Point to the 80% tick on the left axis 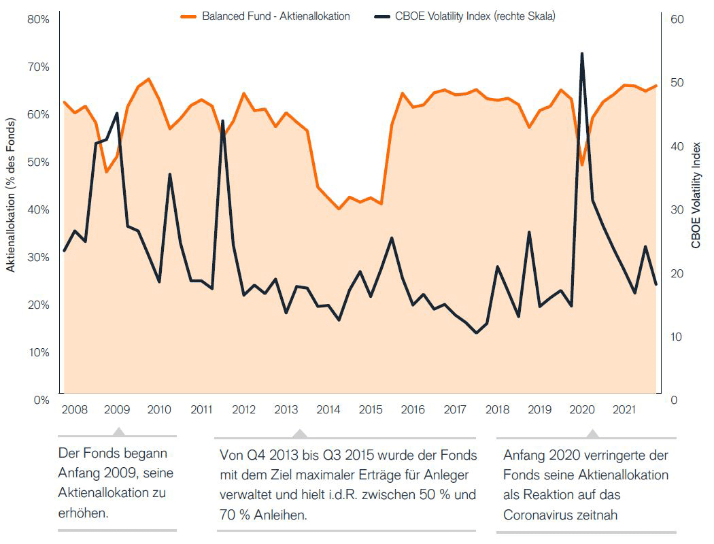[38, 20]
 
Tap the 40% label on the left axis [38, 210]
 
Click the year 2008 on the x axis [74, 410]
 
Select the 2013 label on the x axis [286, 410]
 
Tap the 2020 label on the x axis [581, 410]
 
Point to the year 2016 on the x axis [413, 410]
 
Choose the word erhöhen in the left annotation [84, 511]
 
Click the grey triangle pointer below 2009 [118, 432]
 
